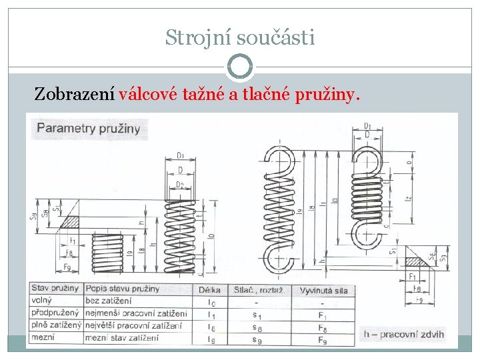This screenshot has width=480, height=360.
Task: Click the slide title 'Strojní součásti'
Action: (x=240, y=38)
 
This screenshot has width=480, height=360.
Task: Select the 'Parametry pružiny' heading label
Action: (x=88, y=129)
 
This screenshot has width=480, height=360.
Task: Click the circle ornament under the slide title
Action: (x=240, y=67)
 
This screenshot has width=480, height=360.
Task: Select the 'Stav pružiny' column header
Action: (x=55, y=289)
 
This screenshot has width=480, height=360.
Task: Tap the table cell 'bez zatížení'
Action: (x=109, y=302)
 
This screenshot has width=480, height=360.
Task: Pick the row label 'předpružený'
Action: (x=55, y=314)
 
